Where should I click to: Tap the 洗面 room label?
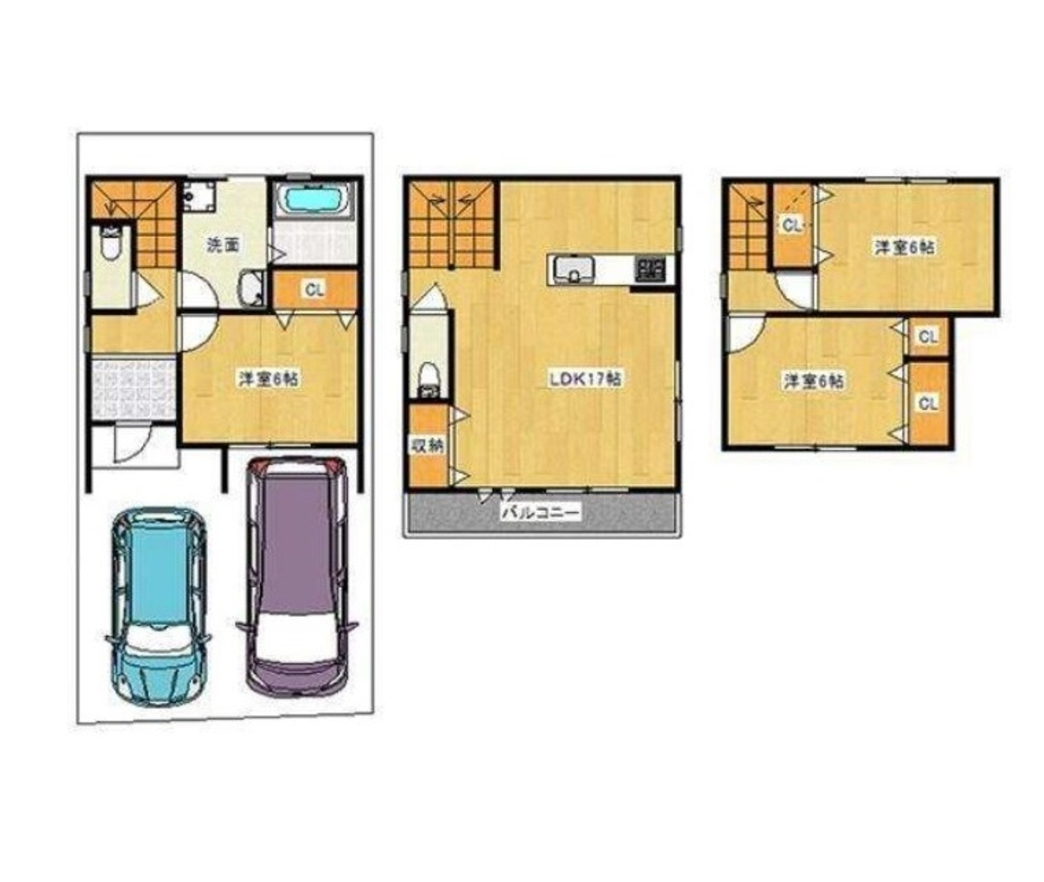tap(223, 246)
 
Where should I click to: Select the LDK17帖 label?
tap(585, 378)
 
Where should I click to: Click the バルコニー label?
tap(541, 512)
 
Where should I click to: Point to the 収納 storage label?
tap(427, 446)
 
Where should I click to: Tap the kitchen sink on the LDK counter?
tap(573, 271)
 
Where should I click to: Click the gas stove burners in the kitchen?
tap(650, 270)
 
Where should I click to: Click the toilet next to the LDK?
tap(429, 379)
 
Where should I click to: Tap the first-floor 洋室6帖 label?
tap(268, 378)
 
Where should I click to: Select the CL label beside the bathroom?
tap(315, 289)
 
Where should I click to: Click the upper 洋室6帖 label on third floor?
tap(904, 247)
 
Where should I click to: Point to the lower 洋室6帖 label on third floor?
tap(814, 382)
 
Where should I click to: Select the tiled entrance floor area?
tap(134, 387)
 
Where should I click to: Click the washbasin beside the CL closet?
tap(250, 288)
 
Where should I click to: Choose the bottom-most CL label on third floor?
tap(928, 403)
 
